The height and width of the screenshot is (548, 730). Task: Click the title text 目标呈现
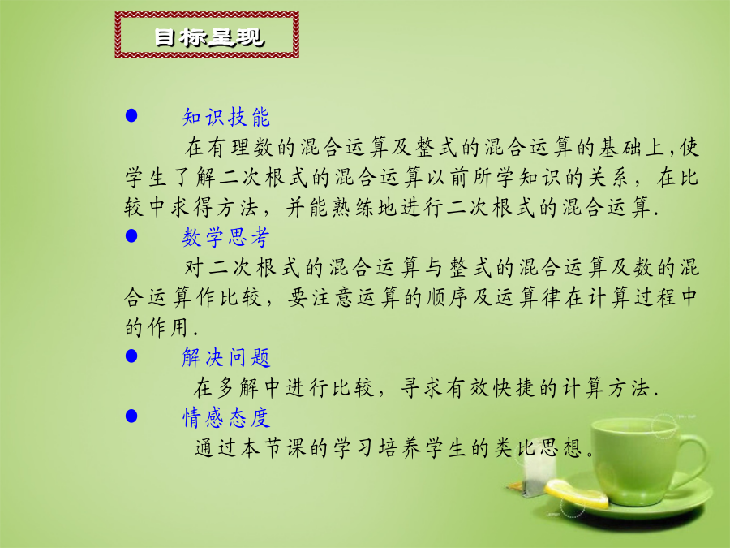tap(209, 37)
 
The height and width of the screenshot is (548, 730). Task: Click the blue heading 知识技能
tap(226, 117)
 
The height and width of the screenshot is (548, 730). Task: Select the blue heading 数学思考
tap(226, 237)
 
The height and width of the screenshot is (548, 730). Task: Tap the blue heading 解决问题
tap(226, 357)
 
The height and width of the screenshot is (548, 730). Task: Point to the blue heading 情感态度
tap(226, 417)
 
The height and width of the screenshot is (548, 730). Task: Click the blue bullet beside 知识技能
tap(131, 115)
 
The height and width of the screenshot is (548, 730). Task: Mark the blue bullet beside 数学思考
tap(131, 235)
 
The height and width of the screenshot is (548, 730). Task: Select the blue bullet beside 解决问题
tap(131, 356)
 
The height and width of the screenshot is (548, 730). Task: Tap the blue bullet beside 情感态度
tap(131, 416)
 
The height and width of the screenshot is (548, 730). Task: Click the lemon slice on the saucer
tap(577, 493)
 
